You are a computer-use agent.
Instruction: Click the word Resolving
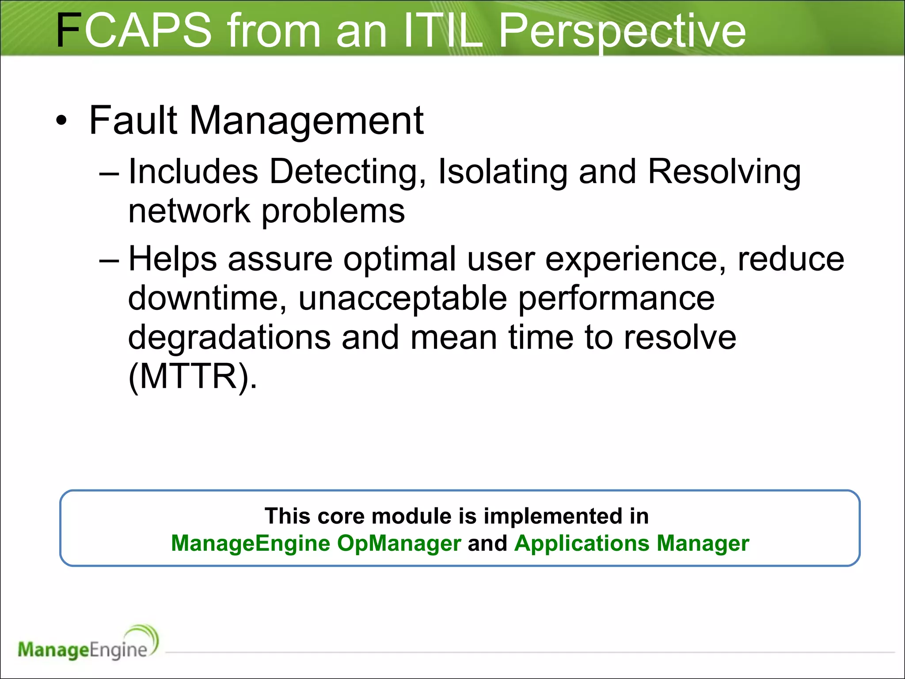point(724,172)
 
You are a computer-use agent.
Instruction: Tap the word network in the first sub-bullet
point(189,211)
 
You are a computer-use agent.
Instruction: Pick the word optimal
point(399,259)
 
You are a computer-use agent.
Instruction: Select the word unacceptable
point(403,298)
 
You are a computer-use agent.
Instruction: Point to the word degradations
point(229,337)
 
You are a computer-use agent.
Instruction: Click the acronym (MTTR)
point(192,376)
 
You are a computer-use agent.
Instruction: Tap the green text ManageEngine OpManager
point(316,543)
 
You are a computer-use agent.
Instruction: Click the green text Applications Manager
point(631,543)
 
